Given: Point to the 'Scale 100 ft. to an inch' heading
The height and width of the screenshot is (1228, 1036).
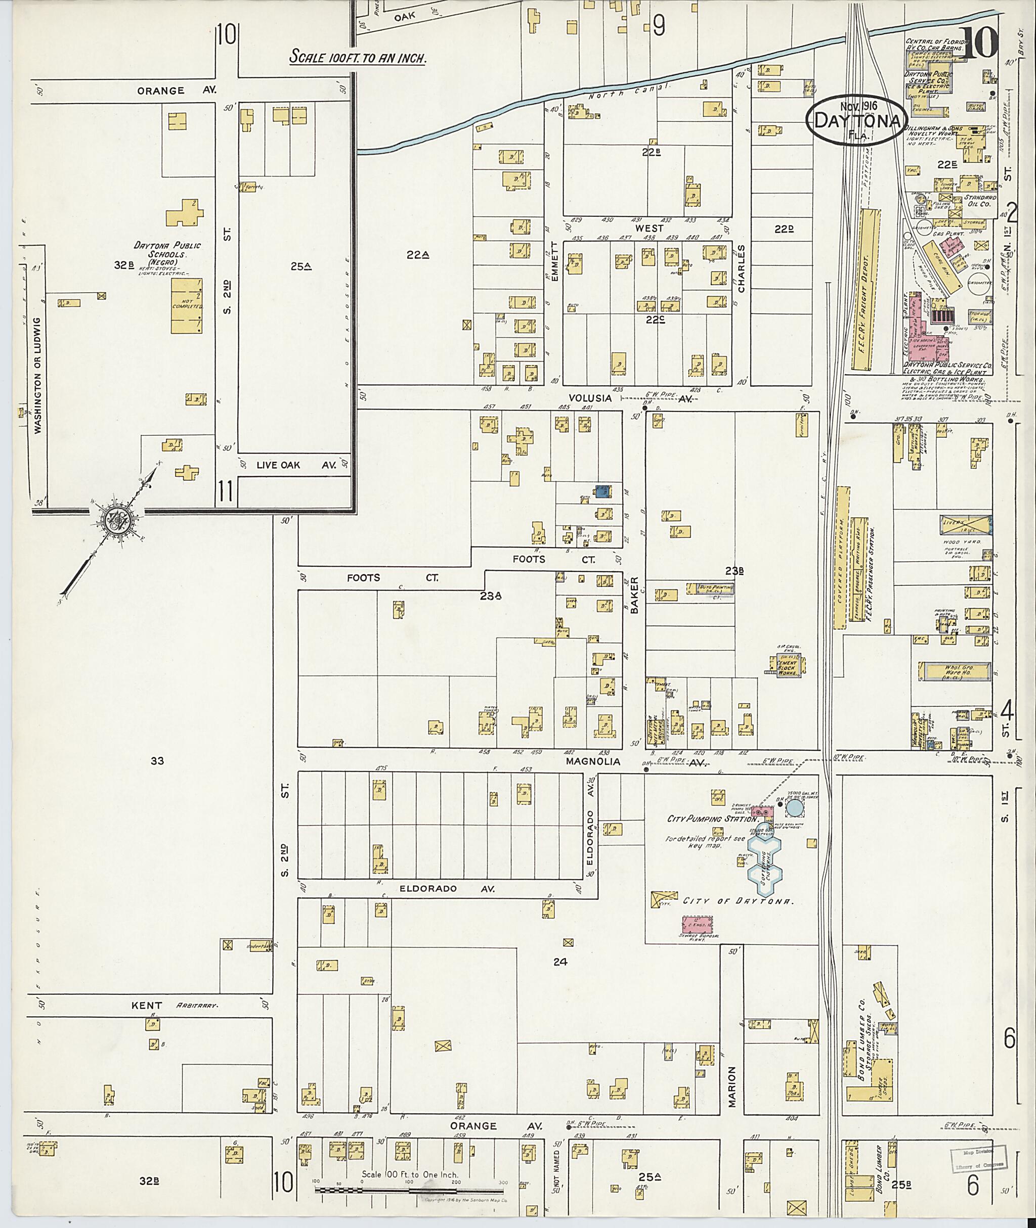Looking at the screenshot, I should (358, 59).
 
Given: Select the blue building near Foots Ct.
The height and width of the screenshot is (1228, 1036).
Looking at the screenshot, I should (602, 491).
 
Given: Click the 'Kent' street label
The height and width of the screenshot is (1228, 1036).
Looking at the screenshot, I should (147, 1006).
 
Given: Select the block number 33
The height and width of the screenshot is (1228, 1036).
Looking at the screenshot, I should (157, 761).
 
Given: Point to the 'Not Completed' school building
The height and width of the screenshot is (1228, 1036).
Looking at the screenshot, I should (187, 306).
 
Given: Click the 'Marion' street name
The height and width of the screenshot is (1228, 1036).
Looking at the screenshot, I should (732, 1086).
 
